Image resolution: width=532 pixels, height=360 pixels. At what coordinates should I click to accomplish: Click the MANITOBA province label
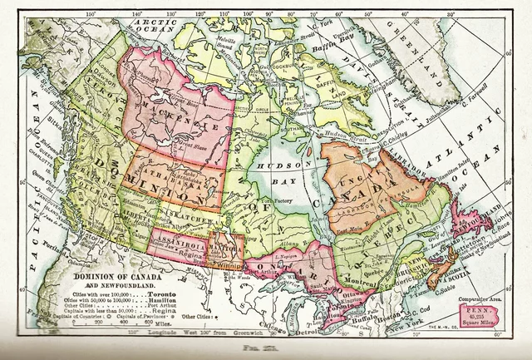223,247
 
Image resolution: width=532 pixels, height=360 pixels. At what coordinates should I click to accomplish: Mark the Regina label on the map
197,258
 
